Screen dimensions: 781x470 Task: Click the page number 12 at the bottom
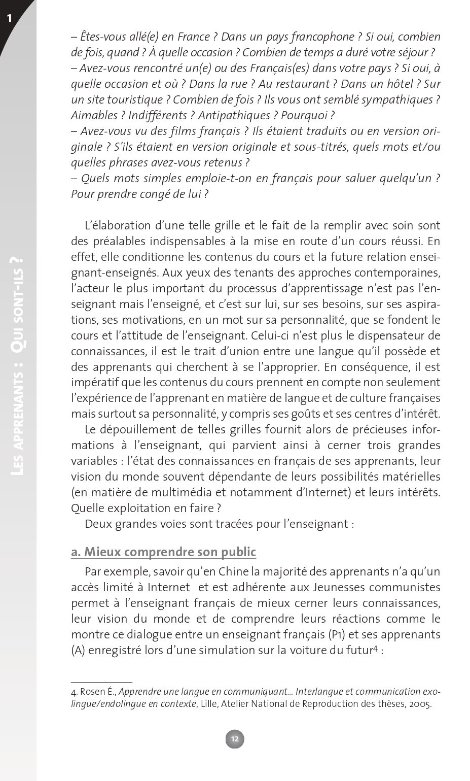pos(235,739)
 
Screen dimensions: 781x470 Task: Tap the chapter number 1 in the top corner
pos(9,19)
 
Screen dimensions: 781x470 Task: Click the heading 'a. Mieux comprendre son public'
pos(163,552)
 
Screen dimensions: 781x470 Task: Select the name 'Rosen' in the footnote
pos(92,692)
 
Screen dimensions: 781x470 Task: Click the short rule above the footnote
pos(101,683)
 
